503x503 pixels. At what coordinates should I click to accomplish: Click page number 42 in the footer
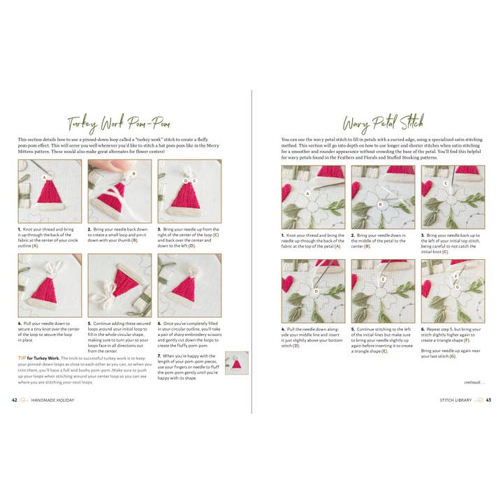[15, 400]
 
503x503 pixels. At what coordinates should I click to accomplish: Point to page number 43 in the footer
[488, 400]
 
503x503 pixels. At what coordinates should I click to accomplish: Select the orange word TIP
[22, 358]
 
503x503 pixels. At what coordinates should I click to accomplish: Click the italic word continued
[473, 381]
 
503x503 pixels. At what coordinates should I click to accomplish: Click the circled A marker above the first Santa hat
[45, 178]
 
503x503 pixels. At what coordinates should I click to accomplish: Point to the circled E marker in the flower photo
[383, 279]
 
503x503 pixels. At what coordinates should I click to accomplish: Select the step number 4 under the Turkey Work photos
[19, 323]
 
